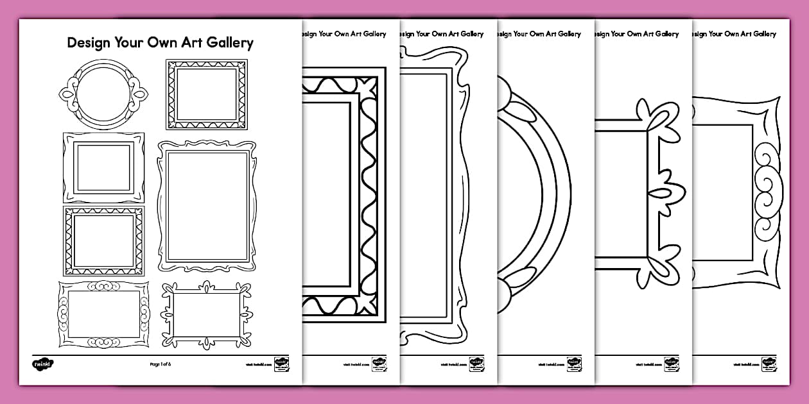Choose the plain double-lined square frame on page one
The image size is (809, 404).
coord(103,168)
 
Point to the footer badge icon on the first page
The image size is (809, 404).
coord(281,363)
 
